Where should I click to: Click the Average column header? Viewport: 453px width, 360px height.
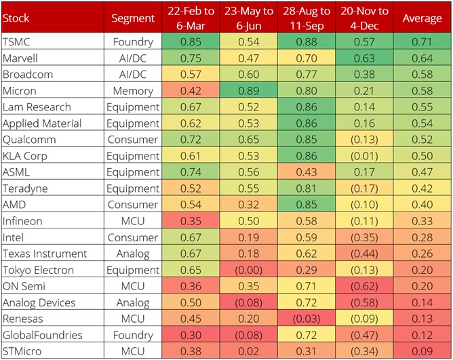[x=422, y=18]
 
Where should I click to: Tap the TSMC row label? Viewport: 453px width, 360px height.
[x=13, y=41]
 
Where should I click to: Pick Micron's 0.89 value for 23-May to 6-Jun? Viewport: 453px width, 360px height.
[x=247, y=91]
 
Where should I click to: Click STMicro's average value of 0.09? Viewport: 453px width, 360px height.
[x=422, y=351]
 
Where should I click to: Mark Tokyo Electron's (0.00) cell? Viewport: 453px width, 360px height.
[x=247, y=270]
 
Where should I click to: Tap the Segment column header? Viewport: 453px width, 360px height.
[x=133, y=18]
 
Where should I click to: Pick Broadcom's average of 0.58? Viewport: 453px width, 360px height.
[x=422, y=75]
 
